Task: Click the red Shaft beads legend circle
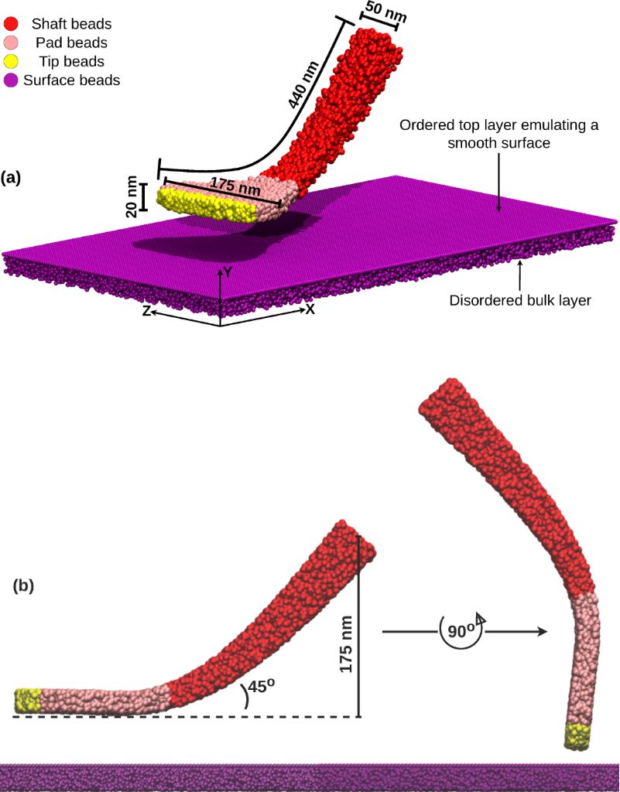tap(12, 23)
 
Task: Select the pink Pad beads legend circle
tap(12, 43)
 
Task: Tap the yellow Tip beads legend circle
tap(12, 61)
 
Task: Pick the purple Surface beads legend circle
tap(12, 80)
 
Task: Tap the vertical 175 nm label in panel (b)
tap(346, 644)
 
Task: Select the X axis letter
tap(310, 309)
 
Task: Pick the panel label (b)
tap(24, 586)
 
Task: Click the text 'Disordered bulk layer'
tap(519, 300)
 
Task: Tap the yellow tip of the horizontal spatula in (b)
tap(26, 700)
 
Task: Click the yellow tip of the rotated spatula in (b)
tap(577, 736)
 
